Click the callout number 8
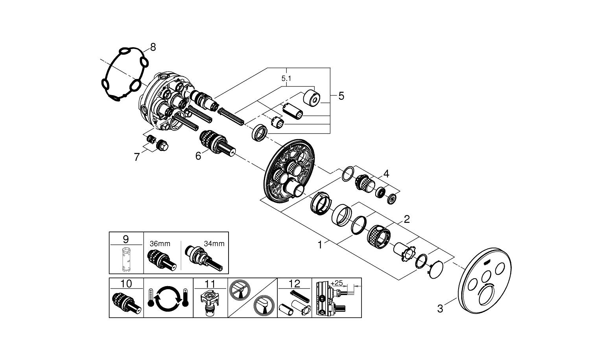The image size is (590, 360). (x=153, y=47)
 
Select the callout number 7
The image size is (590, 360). (x=137, y=157)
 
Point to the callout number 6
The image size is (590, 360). (x=198, y=156)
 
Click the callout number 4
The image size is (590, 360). (x=386, y=173)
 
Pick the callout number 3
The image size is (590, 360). (x=440, y=309)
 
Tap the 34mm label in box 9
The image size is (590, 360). (x=214, y=244)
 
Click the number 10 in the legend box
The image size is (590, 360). (x=126, y=283)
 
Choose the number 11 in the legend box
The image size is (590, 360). (x=210, y=283)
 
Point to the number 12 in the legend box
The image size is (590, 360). (x=295, y=283)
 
